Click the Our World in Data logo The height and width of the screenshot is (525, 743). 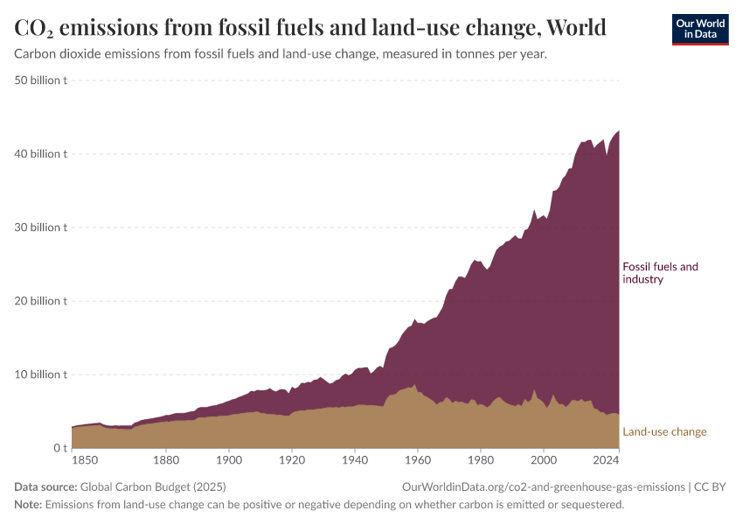click(x=699, y=29)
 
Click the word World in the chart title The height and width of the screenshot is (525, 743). click(x=576, y=28)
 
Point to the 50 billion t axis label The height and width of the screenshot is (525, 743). click(x=41, y=80)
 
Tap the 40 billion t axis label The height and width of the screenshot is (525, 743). click(x=41, y=154)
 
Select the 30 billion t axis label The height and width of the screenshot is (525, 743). click(x=41, y=227)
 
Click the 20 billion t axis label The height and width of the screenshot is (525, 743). click(x=41, y=301)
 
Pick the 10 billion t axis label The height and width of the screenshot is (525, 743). click(x=41, y=374)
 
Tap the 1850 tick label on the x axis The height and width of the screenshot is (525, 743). click(x=84, y=458)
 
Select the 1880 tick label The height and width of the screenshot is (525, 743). click(x=166, y=458)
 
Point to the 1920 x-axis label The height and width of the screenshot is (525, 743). click(x=292, y=458)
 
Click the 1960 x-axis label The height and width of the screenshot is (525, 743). click(x=418, y=458)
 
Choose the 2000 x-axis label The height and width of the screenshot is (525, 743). click(x=544, y=458)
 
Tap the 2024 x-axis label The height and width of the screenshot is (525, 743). click(x=605, y=458)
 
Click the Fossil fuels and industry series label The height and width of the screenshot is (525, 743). click(x=660, y=273)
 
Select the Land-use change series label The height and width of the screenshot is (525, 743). click(x=664, y=431)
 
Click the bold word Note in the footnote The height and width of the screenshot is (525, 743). click(x=28, y=505)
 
